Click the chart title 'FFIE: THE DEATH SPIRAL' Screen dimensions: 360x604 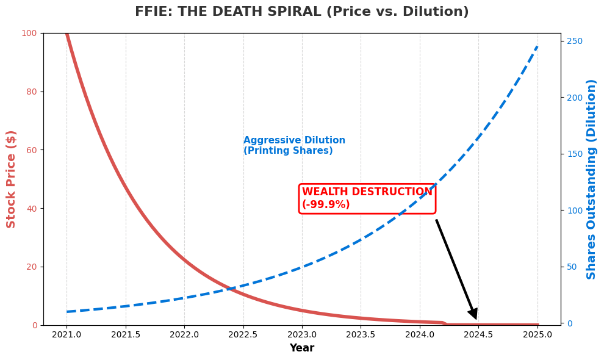[x=301, y=12]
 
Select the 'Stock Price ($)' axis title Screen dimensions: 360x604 [x=12, y=179]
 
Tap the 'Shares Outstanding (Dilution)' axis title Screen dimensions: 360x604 [x=591, y=179]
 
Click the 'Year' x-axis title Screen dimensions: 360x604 [x=301, y=348]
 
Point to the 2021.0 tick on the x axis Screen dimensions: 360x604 [x=67, y=335]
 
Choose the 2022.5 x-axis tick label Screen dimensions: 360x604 [x=243, y=335]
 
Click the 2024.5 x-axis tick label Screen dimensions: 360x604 [x=478, y=335]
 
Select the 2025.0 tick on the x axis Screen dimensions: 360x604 [x=537, y=335]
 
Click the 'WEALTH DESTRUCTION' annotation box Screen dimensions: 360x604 [x=367, y=199]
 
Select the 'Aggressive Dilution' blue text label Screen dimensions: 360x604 [x=294, y=146]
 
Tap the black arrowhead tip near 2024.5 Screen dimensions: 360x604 [x=476, y=318]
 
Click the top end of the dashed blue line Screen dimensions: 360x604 [x=537, y=46]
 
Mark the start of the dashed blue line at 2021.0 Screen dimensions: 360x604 [x=67, y=312]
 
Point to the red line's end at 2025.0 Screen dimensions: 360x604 [x=537, y=325]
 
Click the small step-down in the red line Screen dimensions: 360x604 [x=444, y=323]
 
